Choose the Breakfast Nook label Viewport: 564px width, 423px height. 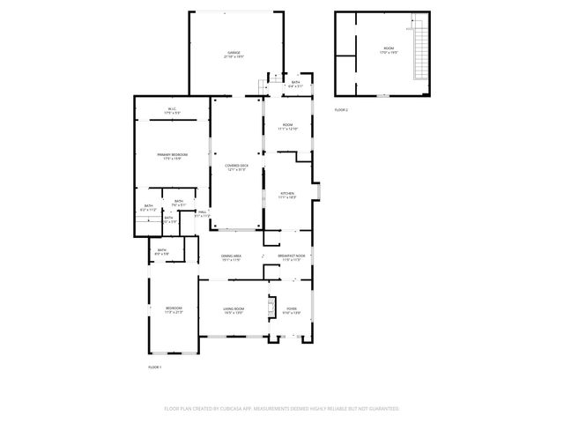click(291, 256)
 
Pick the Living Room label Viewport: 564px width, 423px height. click(234, 309)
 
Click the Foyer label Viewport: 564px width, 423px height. click(292, 309)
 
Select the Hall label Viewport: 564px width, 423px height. click(202, 213)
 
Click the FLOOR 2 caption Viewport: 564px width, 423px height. click(341, 110)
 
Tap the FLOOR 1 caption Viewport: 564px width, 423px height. click(155, 367)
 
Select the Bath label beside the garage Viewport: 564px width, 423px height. click(295, 85)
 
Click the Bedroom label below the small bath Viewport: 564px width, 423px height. click(173, 309)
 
